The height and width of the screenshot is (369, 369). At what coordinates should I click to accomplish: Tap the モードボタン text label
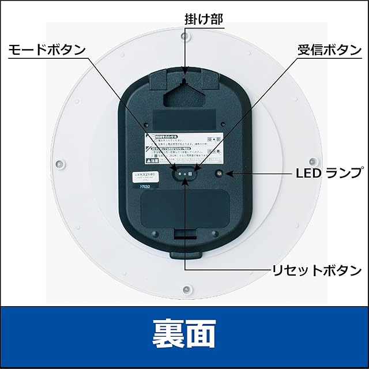[47, 50]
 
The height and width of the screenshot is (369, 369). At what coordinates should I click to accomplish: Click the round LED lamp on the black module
[220, 173]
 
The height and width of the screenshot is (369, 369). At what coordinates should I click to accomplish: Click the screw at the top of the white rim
[184, 36]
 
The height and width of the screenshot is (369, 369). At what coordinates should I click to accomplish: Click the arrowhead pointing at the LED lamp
[231, 173]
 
